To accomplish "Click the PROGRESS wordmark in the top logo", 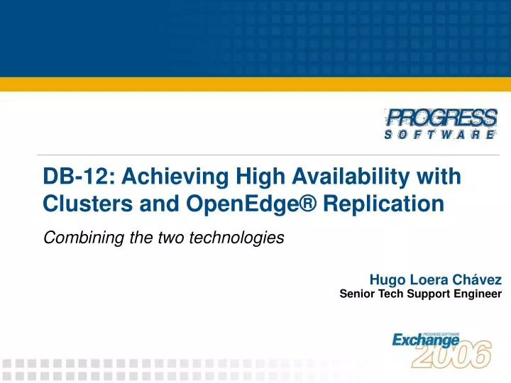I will tap(441, 117).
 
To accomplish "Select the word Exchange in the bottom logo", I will tap(426, 340).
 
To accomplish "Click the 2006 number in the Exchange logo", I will tap(451, 355).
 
